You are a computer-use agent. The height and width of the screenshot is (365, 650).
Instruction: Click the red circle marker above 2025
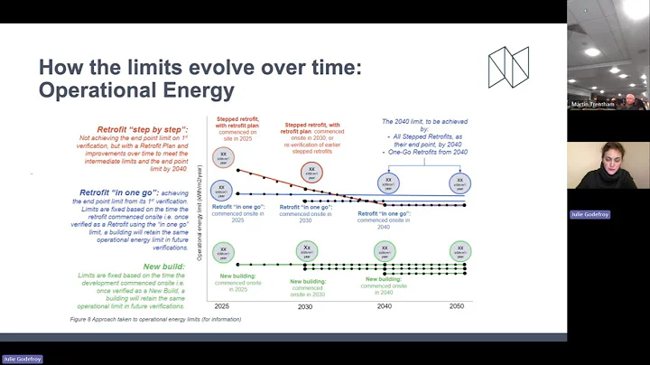click(224, 157)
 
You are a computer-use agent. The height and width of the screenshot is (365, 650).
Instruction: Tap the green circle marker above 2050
click(460, 251)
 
